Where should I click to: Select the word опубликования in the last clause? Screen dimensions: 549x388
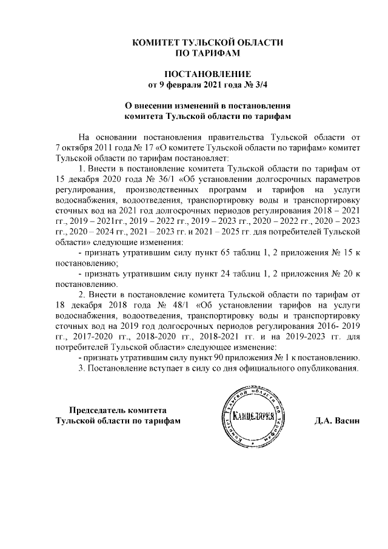(x=327, y=367)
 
